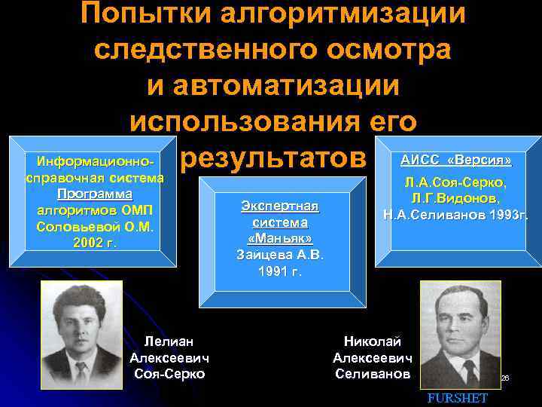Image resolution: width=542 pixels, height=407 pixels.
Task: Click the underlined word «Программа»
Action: point(95,194)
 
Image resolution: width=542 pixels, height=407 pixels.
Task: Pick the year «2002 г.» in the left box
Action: point(95,243)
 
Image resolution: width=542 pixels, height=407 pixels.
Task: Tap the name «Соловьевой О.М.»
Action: point(95,226)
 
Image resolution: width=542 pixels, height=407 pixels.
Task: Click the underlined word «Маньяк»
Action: point(280,239)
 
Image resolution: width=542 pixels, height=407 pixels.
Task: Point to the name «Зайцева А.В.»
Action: point(280,255)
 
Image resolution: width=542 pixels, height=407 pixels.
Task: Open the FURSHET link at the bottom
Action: point(458,398)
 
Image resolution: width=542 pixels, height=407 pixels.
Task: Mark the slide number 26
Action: point(506,378)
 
